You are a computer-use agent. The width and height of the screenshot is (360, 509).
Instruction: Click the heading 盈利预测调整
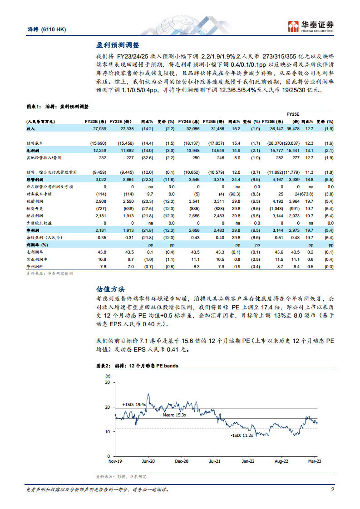(x=118, y=45)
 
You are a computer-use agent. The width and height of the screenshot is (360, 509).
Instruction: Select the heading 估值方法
(x=111, y=289)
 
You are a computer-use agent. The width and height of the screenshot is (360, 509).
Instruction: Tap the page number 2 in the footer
(x=332, y=490)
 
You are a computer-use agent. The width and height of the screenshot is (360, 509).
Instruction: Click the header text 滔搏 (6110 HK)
(x=47, y=29)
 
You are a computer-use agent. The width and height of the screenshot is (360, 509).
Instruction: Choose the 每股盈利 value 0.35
(x=102, y=237)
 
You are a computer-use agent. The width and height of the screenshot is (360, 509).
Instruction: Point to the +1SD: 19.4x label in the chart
(x=134, y=404)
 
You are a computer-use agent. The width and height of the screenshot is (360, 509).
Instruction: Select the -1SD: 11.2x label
(x=240, y=435)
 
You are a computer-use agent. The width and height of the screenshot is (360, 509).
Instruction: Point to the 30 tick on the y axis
(x=107, y=382)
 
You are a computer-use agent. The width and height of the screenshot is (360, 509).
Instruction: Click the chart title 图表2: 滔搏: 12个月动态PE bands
(x=138, y=365)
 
